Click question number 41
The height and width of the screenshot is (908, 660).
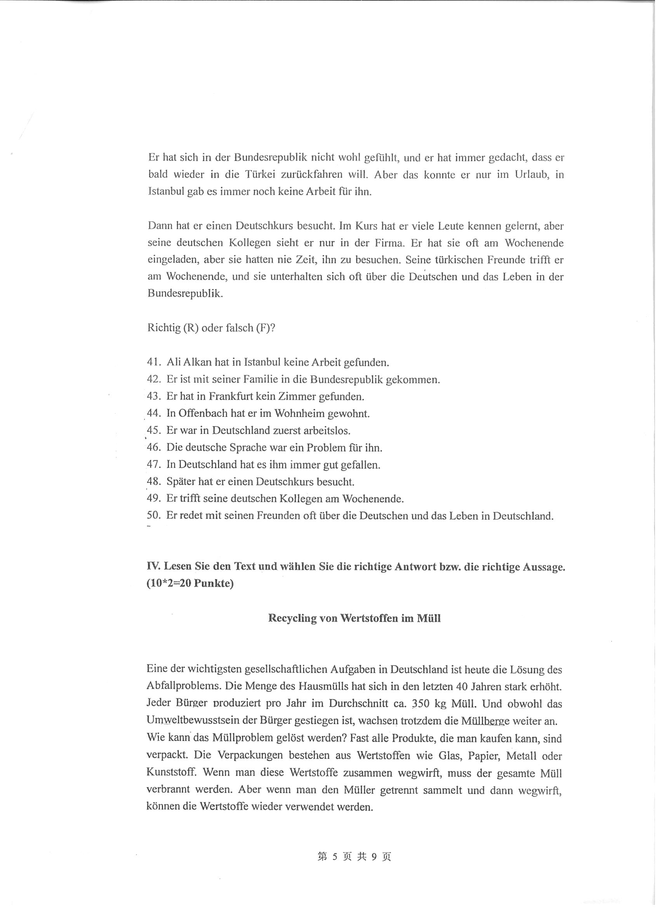pos(154,362)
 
